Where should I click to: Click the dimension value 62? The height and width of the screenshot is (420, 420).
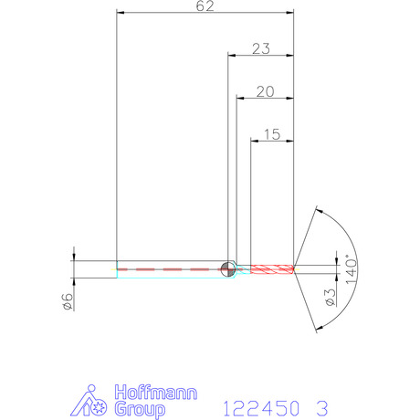point(205,6)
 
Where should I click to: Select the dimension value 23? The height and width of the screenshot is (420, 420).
point(261,48)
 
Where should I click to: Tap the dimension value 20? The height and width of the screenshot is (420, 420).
point(265,91)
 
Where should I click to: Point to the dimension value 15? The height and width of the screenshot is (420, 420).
point(272,134)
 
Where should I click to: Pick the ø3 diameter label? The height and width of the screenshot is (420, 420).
point(331,298)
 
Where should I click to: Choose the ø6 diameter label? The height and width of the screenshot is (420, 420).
point(68,301)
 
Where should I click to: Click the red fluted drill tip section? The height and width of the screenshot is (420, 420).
point(272,269)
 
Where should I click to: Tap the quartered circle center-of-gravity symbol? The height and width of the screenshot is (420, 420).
point(228,269)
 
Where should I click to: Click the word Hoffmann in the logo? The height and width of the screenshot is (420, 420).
point(156,393)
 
